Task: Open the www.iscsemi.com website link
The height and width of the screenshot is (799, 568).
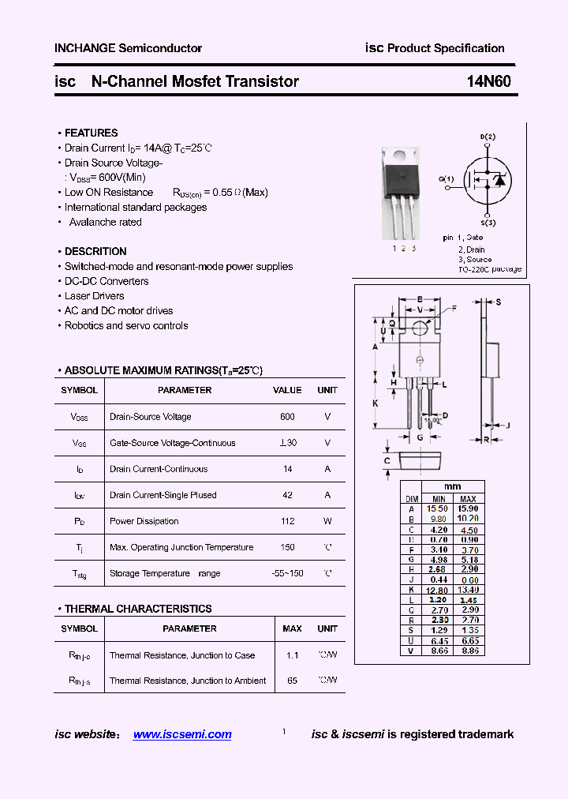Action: (182, 734)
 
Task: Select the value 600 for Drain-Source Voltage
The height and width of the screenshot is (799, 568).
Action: (287, 417)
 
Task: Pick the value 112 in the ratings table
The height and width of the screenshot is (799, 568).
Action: (287, 521)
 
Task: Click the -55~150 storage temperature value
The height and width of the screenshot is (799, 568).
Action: (287, 573)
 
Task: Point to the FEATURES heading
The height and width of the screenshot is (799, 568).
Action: (91, 133)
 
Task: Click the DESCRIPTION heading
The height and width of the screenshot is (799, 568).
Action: (95, 252)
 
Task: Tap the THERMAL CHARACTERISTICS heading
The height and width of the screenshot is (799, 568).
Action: (137, 609)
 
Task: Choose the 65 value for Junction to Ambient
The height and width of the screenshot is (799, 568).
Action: (292, 681)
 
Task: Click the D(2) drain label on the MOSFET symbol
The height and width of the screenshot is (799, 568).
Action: (488, 137)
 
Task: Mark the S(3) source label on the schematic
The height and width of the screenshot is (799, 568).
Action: (488, 223)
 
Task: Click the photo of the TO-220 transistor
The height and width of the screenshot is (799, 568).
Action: (403, 190)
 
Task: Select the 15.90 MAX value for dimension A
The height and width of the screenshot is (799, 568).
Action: (468, 508)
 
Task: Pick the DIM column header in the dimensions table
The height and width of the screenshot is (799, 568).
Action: (411, 499)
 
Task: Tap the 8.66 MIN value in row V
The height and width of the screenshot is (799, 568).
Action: (439, 651)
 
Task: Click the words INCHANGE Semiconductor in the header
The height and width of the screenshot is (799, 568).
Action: (128, 48)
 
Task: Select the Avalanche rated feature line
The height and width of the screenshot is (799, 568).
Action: (105, 222)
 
